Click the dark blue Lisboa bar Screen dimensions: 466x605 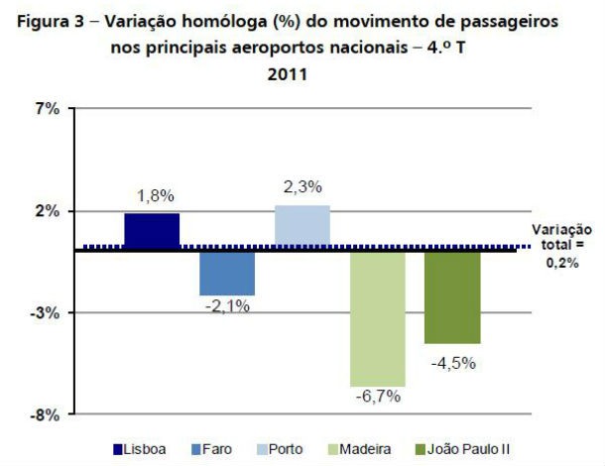(x=152, y=230)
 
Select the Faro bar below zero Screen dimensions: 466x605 (x=227, y=273)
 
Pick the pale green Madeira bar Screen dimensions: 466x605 (x=377, y=317)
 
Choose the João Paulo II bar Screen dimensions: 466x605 (x=452, y=296)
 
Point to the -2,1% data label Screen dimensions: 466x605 (x=227, y=307)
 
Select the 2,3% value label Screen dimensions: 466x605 (x=302, y=187)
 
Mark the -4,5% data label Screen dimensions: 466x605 (x=453, y=362)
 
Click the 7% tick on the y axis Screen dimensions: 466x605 (x=48, y=109)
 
